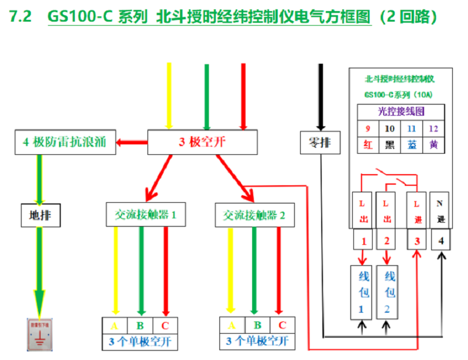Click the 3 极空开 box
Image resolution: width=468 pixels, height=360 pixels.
pyautogui.click(x=202, y=142)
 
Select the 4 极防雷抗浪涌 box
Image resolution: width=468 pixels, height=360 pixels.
pyautogui.click(x=64, y=142)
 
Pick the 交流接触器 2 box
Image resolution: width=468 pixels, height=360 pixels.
pyautogui.click(x=254, y=215)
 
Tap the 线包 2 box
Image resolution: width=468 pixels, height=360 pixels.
pyautogui.click(x=389, y=292)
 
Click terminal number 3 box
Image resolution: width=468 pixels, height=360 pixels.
pyautogui.click(x=417, y=240)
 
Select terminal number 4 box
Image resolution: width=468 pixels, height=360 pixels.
pyautogui.click(x=441, y=240)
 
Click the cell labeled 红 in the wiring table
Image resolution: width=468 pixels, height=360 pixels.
pyautogui.click(x=368, y=145)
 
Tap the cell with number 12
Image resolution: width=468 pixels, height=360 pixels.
pyautogui.click(x=433, y=128)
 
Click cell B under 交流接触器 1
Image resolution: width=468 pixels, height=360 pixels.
pyautogui.click(x=140, y=325)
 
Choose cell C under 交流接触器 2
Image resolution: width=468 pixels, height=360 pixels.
pyautogui.click(x=282, y=325)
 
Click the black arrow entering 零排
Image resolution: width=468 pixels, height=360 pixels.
pyautogui.click(x=320, y=96)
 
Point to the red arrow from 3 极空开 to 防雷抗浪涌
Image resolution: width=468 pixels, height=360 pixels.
pyautogui.click(x=131, y=141)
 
